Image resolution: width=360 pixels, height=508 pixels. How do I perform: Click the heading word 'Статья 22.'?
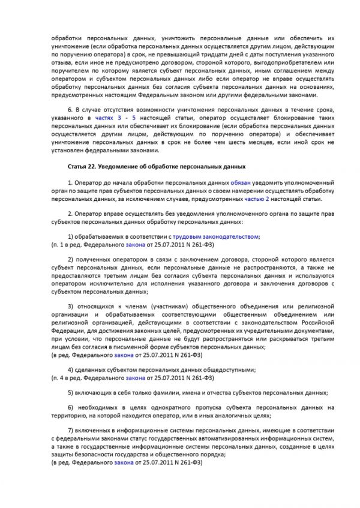[82, 165]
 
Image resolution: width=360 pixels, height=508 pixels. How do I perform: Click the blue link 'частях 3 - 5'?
[125, 119]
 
